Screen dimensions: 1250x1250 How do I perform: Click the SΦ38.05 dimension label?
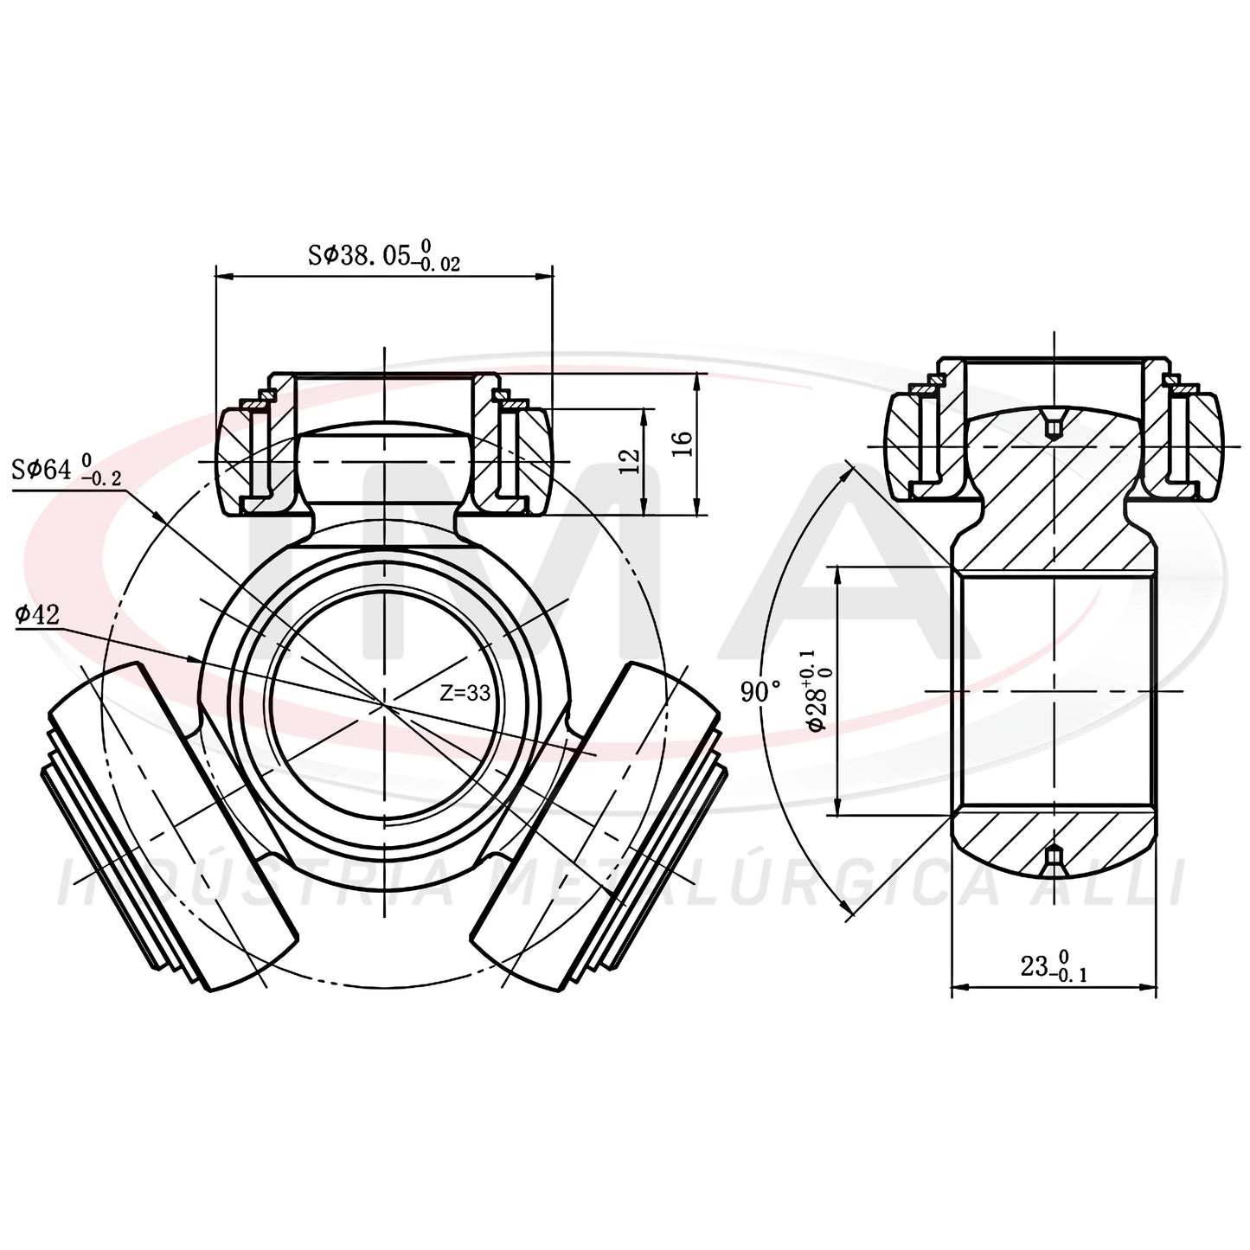(384, 255)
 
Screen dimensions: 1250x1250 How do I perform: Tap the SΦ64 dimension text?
(67, 468)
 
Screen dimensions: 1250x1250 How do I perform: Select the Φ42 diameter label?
(37, 613)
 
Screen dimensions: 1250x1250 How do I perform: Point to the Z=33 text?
(465, 693)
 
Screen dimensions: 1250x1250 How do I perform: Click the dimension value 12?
(629, 461)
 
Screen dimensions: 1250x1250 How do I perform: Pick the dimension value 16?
(683, 444)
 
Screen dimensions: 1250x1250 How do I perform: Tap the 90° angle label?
(761, 691)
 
